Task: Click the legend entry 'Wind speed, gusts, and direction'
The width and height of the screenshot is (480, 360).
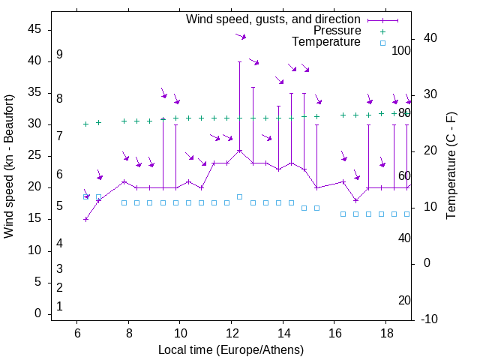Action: (x=274, y=19)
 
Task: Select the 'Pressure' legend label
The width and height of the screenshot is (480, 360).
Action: (x=337, y=31)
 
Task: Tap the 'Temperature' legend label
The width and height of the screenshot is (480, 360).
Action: (x=326, y=42)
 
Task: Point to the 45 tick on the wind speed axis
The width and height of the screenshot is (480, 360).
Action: (x=34, y=29)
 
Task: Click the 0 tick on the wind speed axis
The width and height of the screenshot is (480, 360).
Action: (x=37, y=313)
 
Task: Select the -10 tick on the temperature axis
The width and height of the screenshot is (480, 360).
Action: (x=430, y=319)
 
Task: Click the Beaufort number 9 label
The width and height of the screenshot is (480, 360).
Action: (x=59, y=55)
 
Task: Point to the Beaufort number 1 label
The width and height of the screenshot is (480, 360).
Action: (x=59, y=306)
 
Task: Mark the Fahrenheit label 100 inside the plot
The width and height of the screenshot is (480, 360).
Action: (x=401, y=50)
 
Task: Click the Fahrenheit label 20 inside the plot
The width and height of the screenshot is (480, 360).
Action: (x=404, y=300)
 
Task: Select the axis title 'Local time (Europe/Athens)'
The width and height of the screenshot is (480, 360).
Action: (x=231, y=349)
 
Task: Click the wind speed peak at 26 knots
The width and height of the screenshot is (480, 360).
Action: (x=240, y=150)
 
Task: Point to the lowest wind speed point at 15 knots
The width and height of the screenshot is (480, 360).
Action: (x=85, y=219)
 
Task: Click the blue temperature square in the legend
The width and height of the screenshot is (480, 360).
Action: (x=382, y=43)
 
